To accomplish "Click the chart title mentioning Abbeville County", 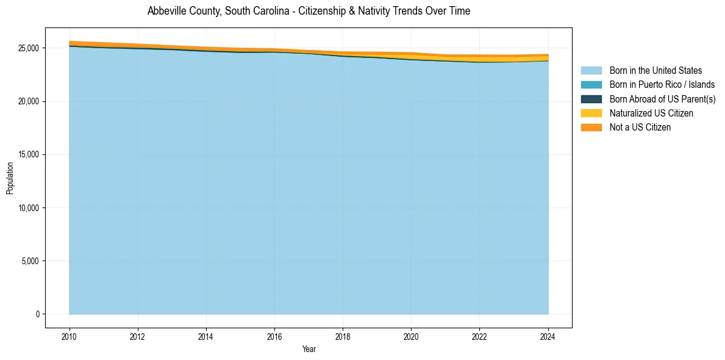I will point(309,11).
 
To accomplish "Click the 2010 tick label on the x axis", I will point(70,336).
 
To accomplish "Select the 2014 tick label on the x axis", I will point(206,336).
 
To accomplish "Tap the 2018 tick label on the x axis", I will point(343,336).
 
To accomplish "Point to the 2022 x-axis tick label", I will point(479,336).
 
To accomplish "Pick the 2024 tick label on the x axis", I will point(548,336).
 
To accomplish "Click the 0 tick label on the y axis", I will point(37,314).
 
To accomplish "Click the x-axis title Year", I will point(309,349).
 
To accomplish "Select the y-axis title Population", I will point(10,178).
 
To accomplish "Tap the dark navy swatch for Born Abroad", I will point(591,99).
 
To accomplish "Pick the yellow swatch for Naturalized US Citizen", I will point(591,113).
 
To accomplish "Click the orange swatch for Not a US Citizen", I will point(591,127).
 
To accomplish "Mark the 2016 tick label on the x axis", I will point(274,336).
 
